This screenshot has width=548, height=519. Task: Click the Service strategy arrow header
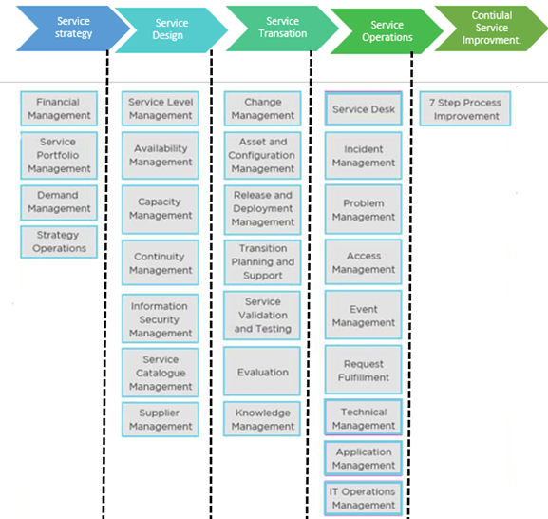(x=74, y=28)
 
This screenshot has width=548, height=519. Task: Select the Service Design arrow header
(x=170, y=29)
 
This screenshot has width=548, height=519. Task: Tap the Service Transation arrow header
(x=282, y=28)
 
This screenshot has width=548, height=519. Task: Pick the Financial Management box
(x=59, y=108)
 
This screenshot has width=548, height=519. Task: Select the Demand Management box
(x=59, y=202)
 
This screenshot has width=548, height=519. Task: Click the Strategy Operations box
(x=59, y=241)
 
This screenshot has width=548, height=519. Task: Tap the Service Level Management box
(x=161, y=108)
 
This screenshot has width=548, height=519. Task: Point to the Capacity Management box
(x=161, y=208)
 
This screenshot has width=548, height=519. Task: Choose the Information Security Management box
(x=161, y=319)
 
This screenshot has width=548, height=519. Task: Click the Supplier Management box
(x=161, y=419)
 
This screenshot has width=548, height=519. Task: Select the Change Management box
(x=263, y=108)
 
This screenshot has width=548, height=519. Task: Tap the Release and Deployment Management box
(x=263, y=208)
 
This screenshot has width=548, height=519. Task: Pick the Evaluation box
(x=263, y=373)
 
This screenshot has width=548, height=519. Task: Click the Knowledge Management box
(x=263, y=419)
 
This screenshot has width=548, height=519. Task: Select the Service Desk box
(x=364, y=109)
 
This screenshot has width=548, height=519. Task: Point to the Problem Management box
(x=364, y=209)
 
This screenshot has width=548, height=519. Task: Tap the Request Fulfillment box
(x=364, y=370)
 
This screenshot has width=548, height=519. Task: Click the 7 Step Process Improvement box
(x=466, y=108)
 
